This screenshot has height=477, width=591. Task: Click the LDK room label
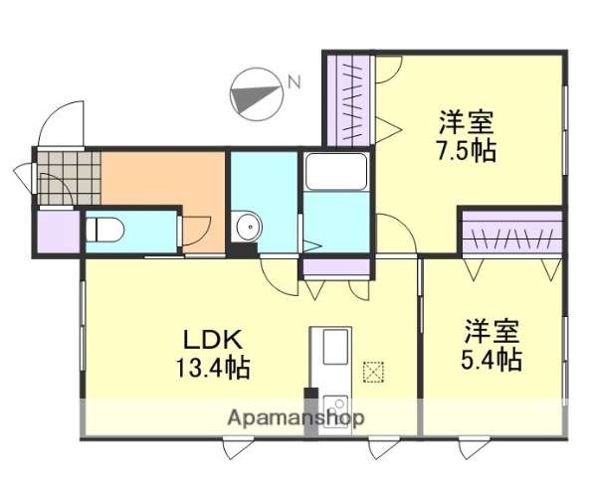tap(212, 337)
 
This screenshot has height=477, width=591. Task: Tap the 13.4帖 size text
tap(212, 368)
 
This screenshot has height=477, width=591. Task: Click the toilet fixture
tap(104, 230)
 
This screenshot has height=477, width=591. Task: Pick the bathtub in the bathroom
tap(335, 175)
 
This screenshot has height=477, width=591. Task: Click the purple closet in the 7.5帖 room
tap(349, 99)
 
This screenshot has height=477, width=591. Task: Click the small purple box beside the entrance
tap(58, 232)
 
